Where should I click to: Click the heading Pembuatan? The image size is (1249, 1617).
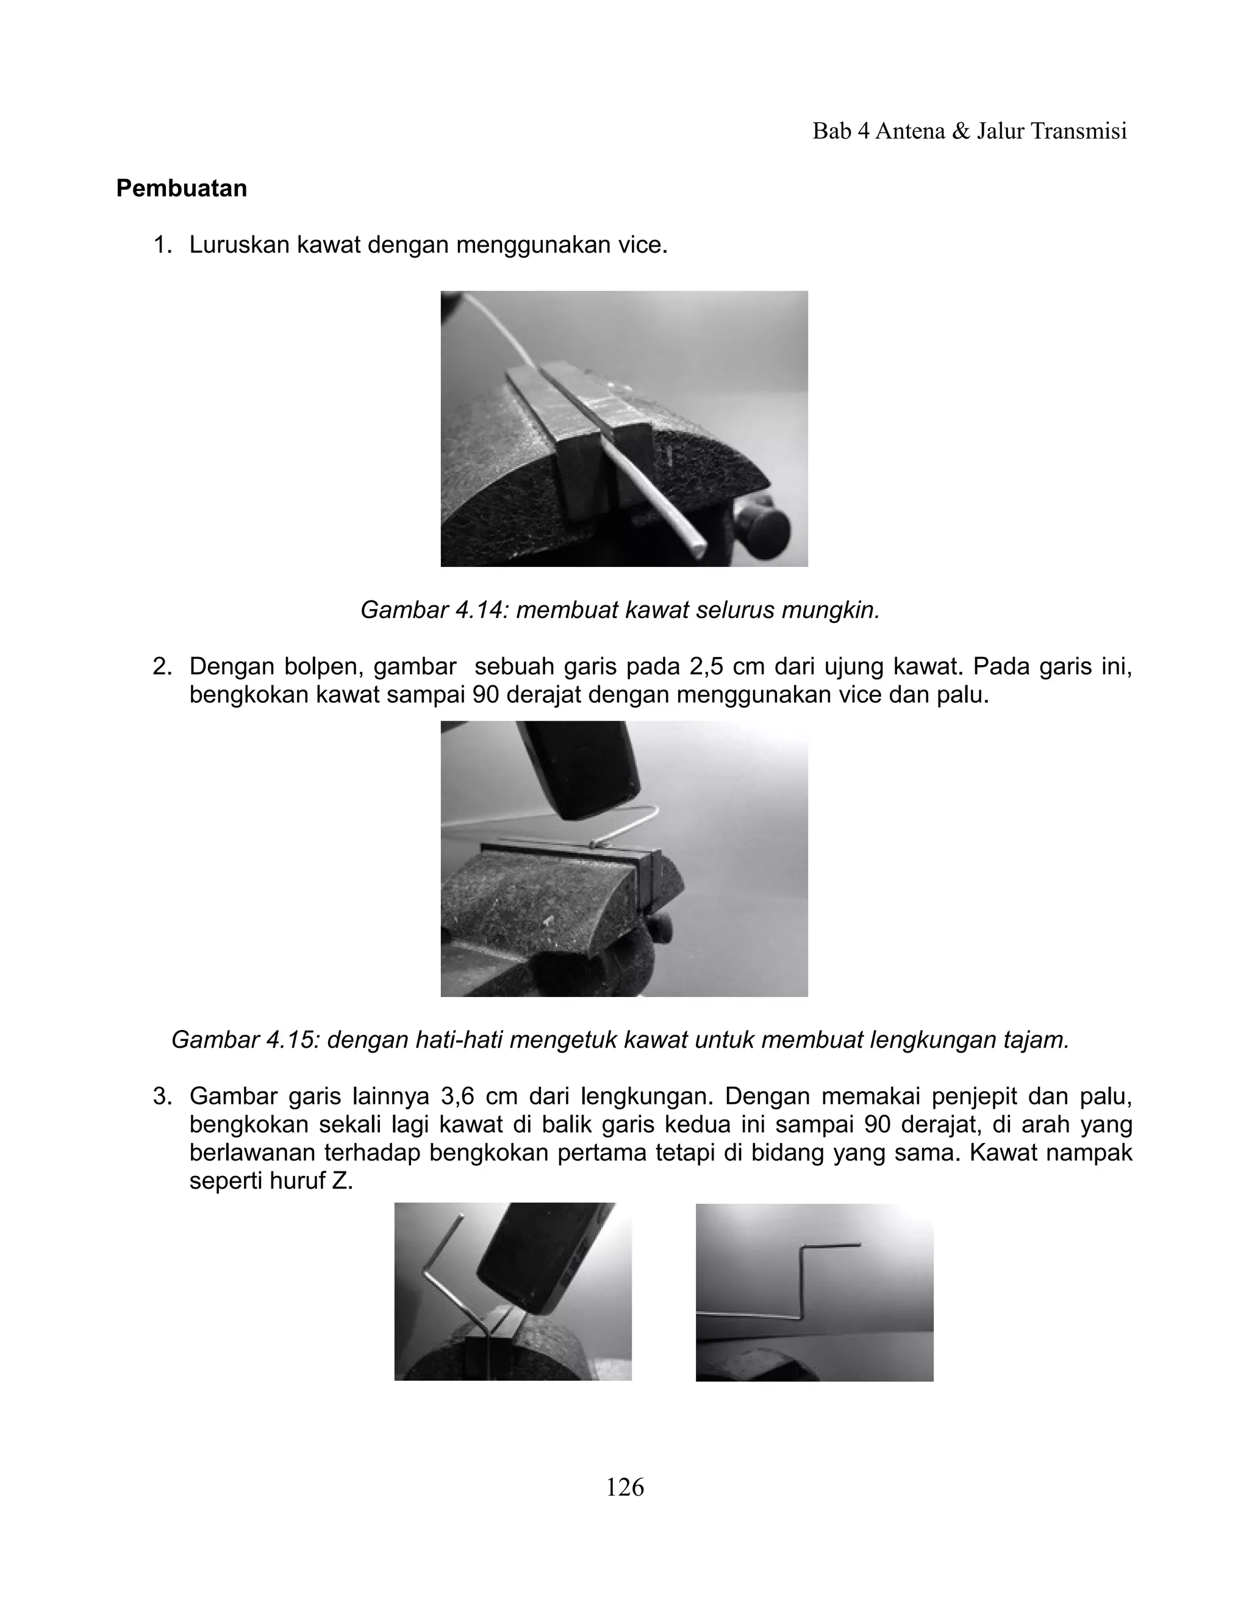tap(181, 189)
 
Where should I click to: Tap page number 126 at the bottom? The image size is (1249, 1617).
tap(624, 1486)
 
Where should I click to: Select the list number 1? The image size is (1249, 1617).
tap(161, 245)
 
